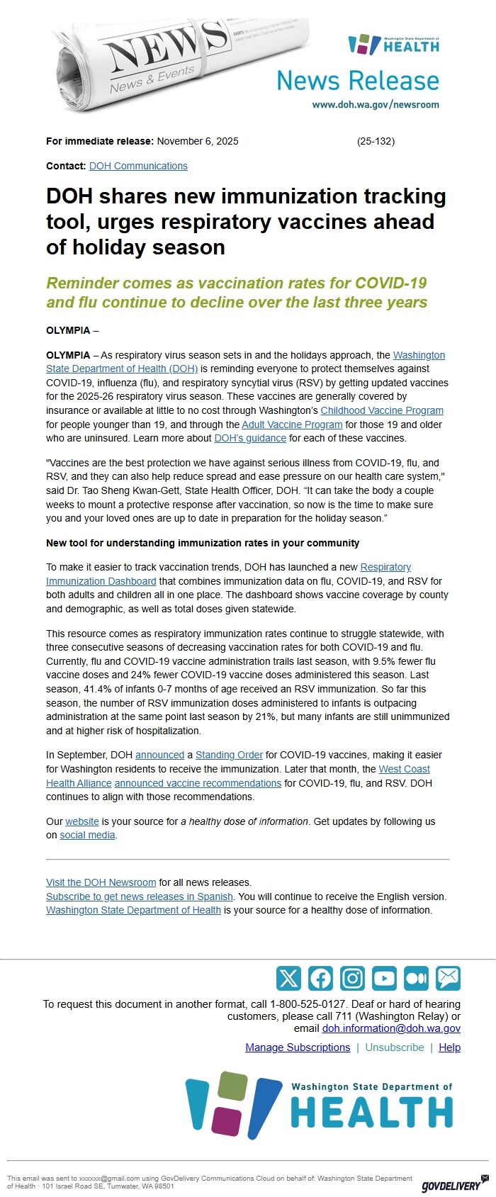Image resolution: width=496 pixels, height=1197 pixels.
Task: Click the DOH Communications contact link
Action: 138,166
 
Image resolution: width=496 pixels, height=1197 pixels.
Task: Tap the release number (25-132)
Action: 376,141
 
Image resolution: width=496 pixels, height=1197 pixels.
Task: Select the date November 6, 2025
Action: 198,141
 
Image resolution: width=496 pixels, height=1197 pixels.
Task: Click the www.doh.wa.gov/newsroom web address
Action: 376,104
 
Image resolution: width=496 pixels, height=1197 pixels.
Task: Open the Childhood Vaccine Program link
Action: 382,410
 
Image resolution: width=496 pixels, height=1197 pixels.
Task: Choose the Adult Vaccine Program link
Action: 292,425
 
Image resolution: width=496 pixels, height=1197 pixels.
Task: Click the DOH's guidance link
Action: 250,438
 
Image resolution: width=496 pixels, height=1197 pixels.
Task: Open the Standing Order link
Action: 229,755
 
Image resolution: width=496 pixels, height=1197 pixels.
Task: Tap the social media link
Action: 87,835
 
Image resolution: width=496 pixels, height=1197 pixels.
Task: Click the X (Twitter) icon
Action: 288,978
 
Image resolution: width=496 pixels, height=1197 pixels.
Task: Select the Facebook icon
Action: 320,978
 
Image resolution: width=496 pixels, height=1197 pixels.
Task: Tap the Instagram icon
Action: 352,978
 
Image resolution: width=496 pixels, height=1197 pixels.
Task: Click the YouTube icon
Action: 384,978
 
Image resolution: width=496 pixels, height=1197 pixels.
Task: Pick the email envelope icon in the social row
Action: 448,978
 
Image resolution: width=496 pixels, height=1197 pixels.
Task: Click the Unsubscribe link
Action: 395,1047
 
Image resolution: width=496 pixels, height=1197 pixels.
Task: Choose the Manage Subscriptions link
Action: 298,1047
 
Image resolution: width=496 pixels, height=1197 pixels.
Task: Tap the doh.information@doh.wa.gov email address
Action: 391,1028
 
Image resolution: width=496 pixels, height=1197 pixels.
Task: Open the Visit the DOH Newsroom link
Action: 101,882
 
